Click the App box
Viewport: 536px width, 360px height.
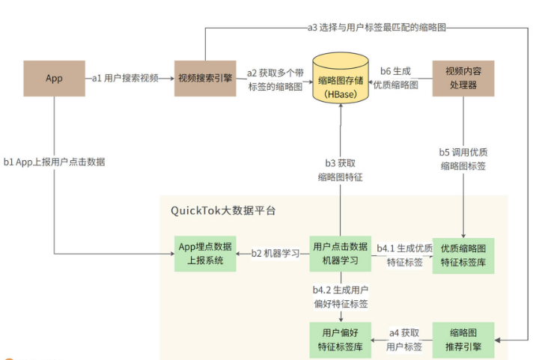[x=54, y=79]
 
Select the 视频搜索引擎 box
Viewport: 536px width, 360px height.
[x=205, y=79]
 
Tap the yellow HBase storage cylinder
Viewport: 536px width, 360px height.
[x=341, y=79]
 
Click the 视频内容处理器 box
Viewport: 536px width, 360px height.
[x=463, y=79]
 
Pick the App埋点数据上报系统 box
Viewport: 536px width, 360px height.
[x=204, y=253]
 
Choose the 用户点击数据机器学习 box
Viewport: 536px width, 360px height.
[x=341, y=253]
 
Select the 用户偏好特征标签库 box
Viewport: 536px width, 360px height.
[x=341, y=339]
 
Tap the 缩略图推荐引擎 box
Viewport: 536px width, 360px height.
[x=463, y=339]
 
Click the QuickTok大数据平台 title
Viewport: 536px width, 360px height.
[x=223, y=210]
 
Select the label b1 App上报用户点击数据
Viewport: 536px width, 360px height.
[x=54, y=161]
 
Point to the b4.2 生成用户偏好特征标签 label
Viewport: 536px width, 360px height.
[x=341, y=297]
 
